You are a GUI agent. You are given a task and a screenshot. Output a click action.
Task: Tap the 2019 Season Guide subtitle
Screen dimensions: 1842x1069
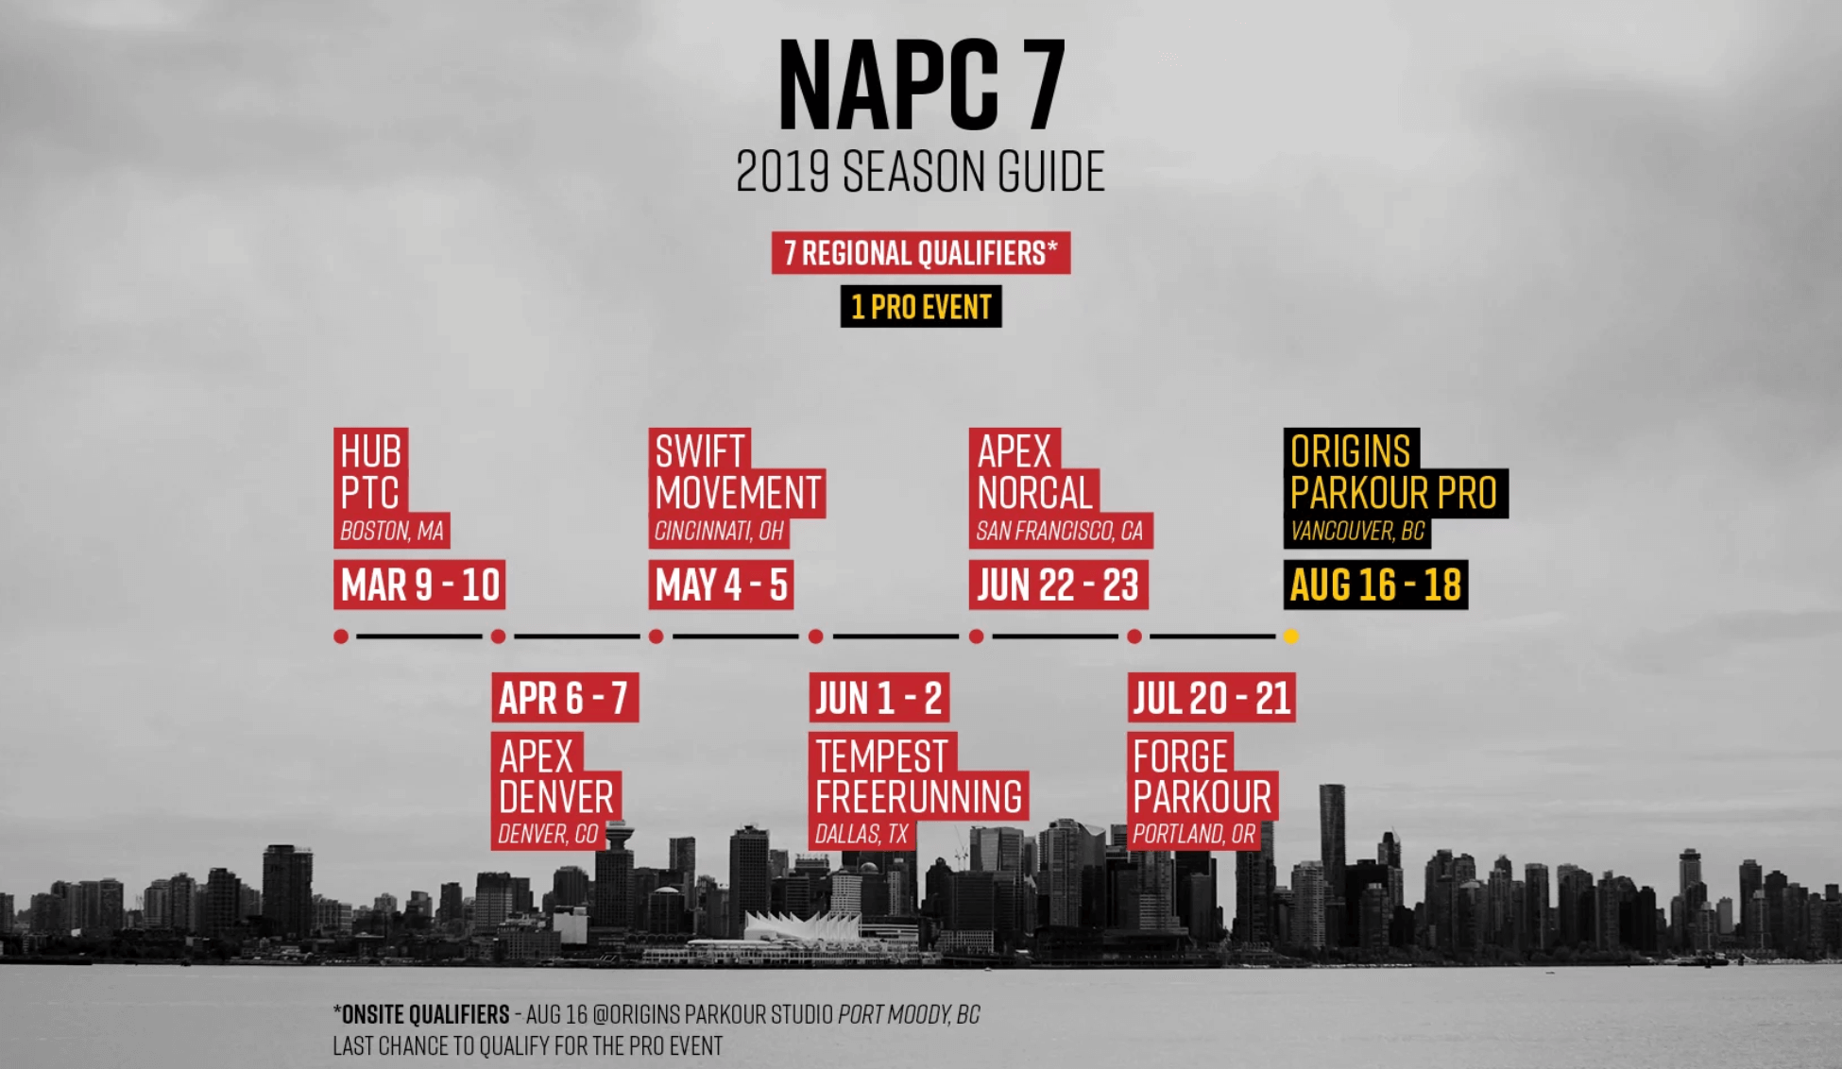920,172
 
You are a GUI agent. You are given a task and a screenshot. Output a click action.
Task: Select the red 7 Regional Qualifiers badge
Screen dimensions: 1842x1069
921,253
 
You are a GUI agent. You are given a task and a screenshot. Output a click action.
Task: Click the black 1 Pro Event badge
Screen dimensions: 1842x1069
921,307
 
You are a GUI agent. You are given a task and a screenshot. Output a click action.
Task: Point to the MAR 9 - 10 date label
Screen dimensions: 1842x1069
419,585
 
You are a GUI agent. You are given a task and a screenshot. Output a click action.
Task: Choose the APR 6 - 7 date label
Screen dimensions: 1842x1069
565,698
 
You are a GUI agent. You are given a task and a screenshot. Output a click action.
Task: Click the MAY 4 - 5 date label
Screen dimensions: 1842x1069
721,585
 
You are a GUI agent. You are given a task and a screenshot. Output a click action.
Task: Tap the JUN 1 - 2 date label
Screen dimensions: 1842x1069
878,698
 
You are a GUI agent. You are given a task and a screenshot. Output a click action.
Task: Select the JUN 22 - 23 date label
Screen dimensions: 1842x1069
1058,585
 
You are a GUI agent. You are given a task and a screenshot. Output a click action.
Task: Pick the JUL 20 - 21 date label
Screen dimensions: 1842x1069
1212,698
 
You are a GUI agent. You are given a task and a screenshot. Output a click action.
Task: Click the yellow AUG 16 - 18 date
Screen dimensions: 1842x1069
1375,585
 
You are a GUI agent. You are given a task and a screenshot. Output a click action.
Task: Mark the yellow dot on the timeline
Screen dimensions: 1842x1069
1291,636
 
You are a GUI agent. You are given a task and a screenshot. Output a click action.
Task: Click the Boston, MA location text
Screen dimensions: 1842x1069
392,532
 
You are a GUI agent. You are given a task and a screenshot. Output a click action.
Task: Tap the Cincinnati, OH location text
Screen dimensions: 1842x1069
719,532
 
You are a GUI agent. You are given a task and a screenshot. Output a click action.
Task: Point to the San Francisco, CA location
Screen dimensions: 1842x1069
1060,532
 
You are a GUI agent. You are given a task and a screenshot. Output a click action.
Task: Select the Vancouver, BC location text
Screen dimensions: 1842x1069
1357,532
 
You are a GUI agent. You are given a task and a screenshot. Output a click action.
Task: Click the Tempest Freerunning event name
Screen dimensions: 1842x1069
918,776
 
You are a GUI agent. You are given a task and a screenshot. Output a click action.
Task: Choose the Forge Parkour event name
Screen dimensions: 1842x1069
1202,776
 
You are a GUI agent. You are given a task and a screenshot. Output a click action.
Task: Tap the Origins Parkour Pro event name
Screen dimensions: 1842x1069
1394,472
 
